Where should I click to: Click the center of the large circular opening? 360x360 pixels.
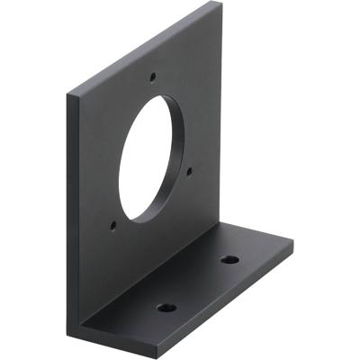(155, 157)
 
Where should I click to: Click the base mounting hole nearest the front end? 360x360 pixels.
(166, 308)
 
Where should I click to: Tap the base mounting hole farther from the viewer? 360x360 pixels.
(230, 260)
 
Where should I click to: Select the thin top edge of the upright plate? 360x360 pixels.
(144, 45)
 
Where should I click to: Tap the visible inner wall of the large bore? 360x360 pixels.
(175, 144)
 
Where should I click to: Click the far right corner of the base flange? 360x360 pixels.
(292, 241)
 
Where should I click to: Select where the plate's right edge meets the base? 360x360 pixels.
(221, 225)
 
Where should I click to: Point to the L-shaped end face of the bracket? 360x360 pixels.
(76, 270)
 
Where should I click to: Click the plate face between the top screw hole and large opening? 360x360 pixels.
(154, 88)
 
